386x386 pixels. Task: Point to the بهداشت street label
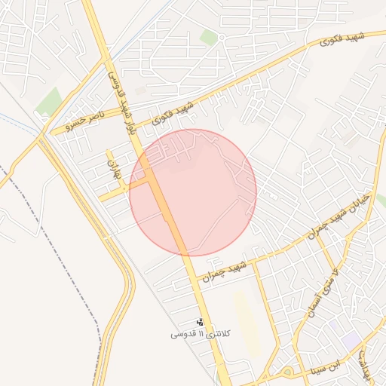[x=366, y=360]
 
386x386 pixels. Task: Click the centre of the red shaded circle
[x=193, y=192]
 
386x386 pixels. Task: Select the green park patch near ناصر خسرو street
[x=50, y=101]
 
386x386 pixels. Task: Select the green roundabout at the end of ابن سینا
[x=287, y=371]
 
